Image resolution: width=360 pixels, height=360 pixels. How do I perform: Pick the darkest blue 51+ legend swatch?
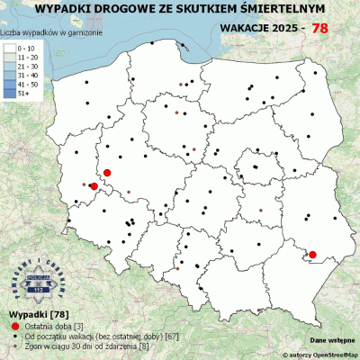12,91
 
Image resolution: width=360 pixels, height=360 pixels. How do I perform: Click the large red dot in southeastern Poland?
312,255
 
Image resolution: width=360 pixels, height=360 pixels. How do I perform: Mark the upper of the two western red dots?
107,172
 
